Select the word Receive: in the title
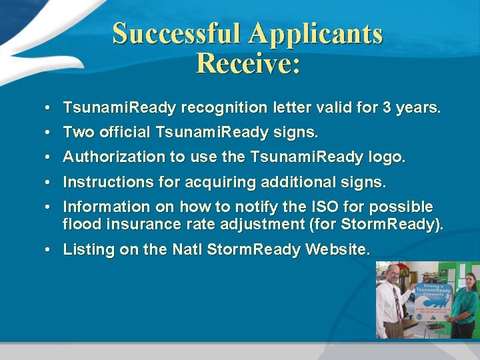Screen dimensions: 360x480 click(248, 63)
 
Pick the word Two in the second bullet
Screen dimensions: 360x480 click(79, 133)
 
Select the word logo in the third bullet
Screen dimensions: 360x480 click(385, 157)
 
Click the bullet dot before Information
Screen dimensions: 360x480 click(50, 207)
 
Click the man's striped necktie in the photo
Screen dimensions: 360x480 click(397, 303)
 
